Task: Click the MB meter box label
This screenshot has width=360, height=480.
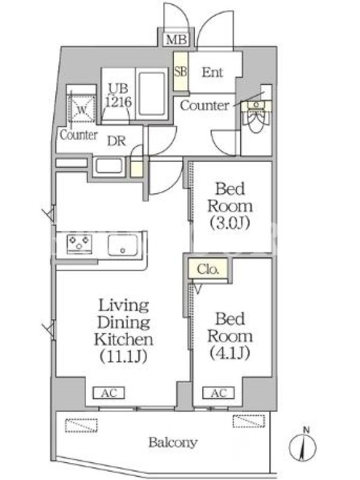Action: tap(176, 40)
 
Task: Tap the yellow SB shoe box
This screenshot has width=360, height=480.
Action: tap(181, 71)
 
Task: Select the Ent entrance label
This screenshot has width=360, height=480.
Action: tap(212, 72)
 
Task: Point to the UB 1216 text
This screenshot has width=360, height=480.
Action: tap(118, 95)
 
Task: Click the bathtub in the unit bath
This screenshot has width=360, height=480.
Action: tap(152, 94)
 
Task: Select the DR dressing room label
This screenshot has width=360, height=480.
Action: tap(116, 141)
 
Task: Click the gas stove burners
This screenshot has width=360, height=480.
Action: tap(79, 244)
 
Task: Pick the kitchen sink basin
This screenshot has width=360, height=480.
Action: tap(122, 245)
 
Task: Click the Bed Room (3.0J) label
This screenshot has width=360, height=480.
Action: tap(230, 206)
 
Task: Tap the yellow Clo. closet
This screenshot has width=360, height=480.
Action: tap(208, 269)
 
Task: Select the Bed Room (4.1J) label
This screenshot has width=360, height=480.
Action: tap(230, 336)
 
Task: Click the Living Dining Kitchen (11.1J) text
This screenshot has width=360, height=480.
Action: tap(124, 331)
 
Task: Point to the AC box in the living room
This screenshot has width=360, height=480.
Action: tap(109, 393)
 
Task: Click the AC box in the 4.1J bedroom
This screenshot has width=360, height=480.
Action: tap(218, 393)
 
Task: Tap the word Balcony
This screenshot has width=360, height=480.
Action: tap(173, 443)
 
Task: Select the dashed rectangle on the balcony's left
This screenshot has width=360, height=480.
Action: tap(81, 425)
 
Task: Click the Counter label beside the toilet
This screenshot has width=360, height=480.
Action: tap(205, 106)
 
